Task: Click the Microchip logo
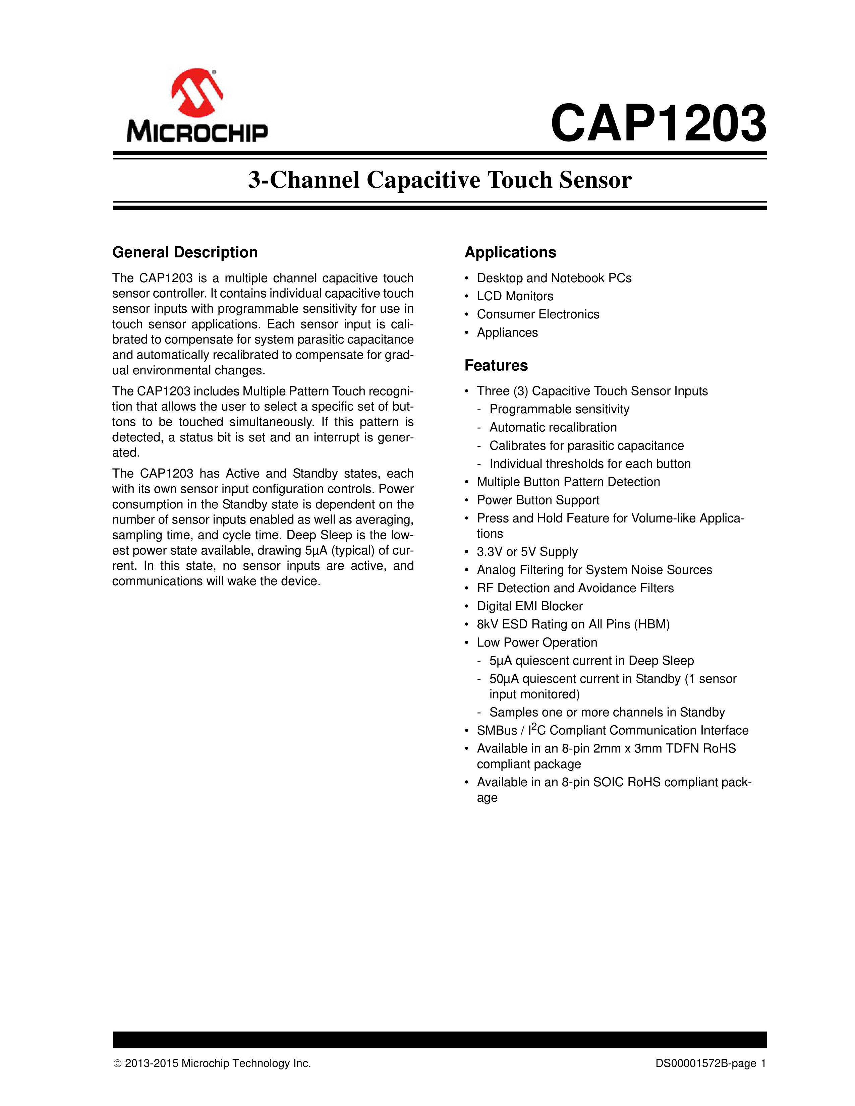tap(197, 105)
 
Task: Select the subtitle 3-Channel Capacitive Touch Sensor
tap(440, 180)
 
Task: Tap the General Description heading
tap(185, 252)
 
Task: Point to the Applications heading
tap(510, 252)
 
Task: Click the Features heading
tap(496, 365)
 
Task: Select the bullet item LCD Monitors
tap(515, 296)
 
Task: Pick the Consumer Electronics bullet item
tap(538, 314)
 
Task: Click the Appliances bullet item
tap(507, 333)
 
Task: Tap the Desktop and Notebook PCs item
tap(554, 278)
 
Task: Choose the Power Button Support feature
tap(538, 500)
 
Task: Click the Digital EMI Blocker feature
tap(529, 606)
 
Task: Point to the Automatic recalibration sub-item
tap(553, 427)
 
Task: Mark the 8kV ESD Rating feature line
tap(573, 624)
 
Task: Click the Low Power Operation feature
tap(537, 642)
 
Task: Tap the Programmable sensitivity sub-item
tap(559, 409)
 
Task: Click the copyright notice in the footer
tap(212, 1063)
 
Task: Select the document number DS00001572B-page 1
tap(710, 1063)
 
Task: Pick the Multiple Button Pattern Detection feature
tap(568, 482)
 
